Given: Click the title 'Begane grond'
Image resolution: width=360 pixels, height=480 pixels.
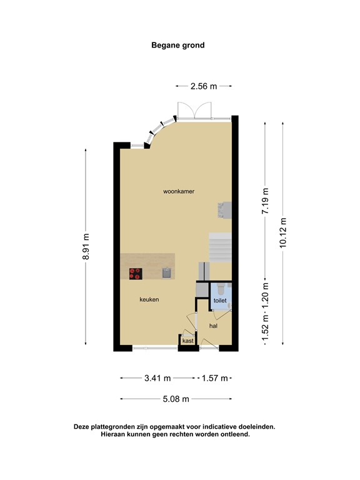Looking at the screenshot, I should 178,45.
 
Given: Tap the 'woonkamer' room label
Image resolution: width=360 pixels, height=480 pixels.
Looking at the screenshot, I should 179,192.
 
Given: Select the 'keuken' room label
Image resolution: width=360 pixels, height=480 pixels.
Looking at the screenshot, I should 149,300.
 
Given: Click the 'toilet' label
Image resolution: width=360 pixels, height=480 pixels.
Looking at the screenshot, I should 219,301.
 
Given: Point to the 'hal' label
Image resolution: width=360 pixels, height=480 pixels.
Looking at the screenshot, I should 213,326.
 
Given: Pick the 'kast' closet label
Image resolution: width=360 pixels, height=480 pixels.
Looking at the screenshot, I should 187,341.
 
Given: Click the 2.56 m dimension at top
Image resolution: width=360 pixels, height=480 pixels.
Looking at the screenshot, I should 204,86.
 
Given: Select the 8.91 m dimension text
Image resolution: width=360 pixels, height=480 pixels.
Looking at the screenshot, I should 86,249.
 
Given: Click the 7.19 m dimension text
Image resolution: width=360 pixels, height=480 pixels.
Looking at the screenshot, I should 265,202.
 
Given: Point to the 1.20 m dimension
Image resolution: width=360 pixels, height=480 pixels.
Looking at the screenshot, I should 265,295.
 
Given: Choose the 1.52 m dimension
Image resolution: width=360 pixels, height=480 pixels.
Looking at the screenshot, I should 265,329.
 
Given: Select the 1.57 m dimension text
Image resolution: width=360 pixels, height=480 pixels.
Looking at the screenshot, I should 215,377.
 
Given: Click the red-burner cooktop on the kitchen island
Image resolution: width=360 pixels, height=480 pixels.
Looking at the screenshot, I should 136,272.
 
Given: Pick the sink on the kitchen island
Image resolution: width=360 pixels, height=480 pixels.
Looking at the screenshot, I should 167,272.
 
